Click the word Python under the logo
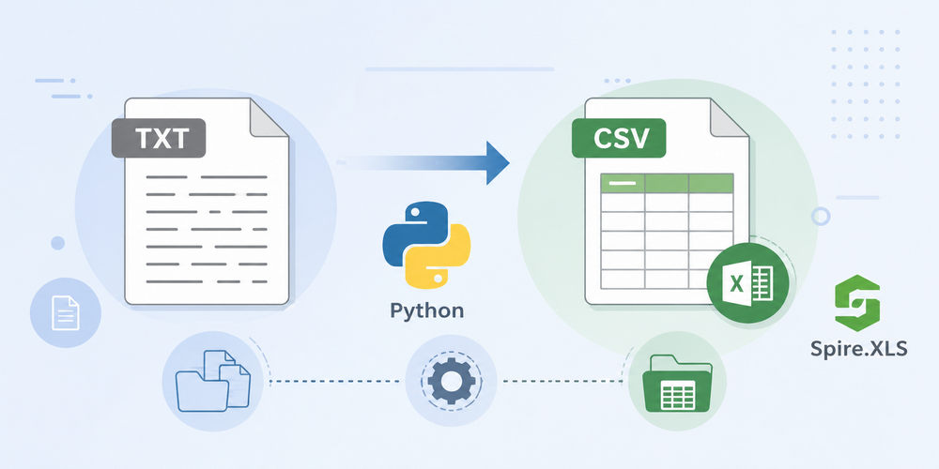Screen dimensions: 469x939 click(427, 310)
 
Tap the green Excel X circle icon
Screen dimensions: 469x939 click(749, 280)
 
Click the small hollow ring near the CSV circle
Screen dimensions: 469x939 click(821, 217)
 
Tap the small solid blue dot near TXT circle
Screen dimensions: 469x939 click(57, 243)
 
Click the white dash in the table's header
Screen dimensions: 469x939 click(622, 183)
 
